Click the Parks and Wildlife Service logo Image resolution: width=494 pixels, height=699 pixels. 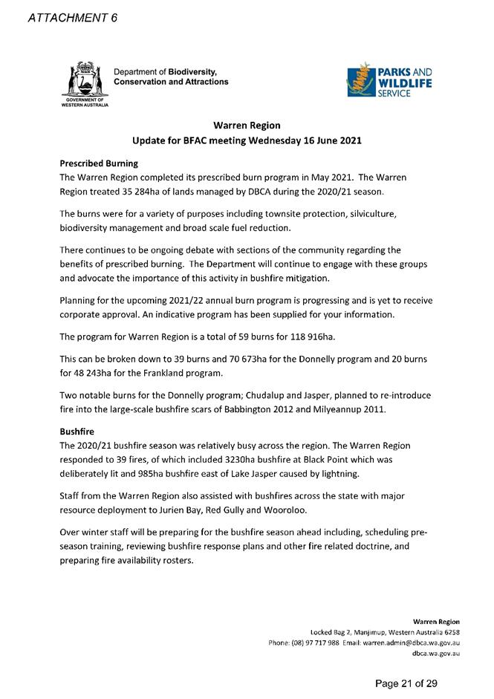tap(389, 82)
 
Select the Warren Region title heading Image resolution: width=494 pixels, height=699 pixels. tap(246, 126)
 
